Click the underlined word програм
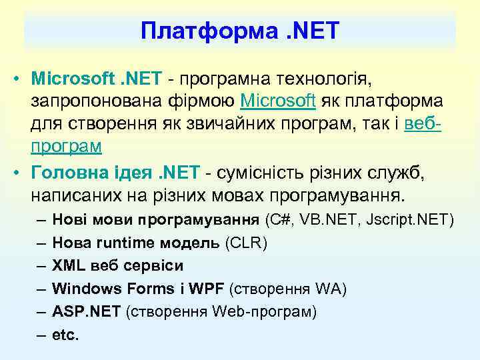66,145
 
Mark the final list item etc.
65,335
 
